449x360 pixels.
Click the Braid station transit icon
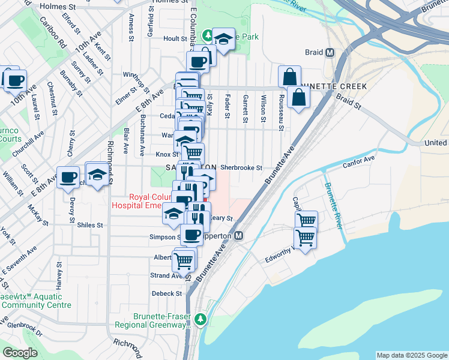330,52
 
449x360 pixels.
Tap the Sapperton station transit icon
238,236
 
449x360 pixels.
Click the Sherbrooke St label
241,168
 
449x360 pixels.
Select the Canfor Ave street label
358,159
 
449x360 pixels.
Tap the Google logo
20,353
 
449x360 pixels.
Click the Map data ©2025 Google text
412,355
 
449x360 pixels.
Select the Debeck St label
166,293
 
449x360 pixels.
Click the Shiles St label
91,226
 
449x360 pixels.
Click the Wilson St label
263,109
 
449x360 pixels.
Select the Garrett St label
246,109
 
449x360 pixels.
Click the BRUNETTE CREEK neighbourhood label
337,86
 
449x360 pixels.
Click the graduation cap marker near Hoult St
223,40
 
